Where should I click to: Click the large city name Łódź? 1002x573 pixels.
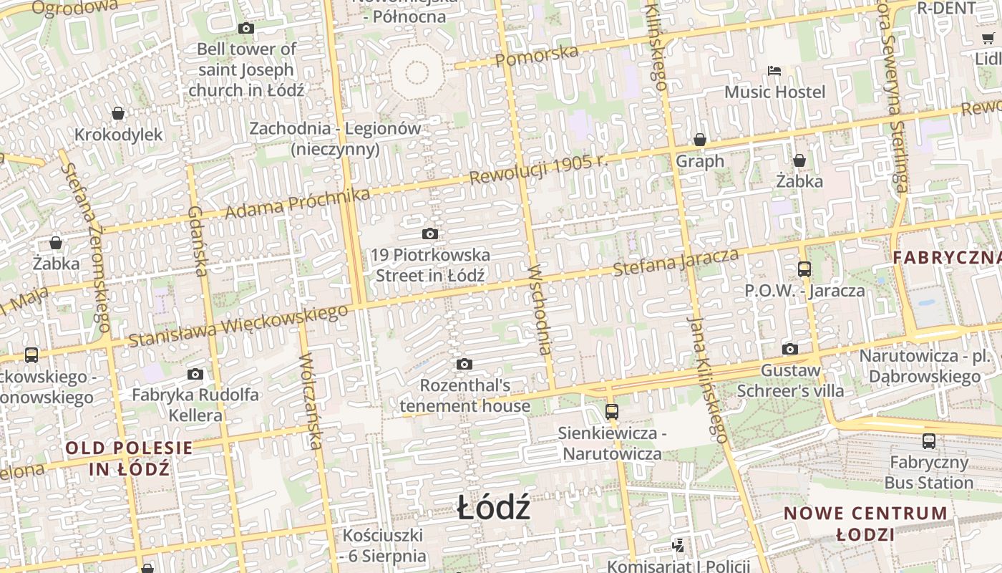pyautogui.click(x=494, y=509)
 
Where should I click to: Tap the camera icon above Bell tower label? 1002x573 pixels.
pyautogui.click(x=246, y=29)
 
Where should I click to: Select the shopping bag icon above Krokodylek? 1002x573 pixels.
pyautogui.click(x=118, y=113)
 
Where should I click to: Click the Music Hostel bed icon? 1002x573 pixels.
pyautogui.click(x=774, y=70)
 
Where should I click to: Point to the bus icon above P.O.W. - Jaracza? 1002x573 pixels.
pyautogui.click(x=804, y=269)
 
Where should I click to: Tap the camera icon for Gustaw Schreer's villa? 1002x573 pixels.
pyautogui.click(x=790, y=349)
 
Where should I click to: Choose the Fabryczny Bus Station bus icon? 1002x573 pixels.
pyautogui.click(x=928, y=441)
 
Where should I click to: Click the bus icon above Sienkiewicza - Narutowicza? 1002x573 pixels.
pyautogui.click(x=611, y=412)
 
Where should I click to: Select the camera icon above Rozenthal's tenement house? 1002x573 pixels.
pyautogui.click(x=464, y=365)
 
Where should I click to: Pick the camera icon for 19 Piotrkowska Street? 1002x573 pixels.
pyautogui.click(x=430, y=233)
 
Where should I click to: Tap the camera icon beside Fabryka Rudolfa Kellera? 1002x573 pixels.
pyautogui.click(x=195, y=374)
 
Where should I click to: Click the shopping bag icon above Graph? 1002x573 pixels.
pyautogui.click(x=700, y=140)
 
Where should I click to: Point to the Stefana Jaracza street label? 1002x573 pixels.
pyautogui.click(x=676, y=262)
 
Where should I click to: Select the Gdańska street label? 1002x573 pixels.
pyautogui.click(x=197, y=241)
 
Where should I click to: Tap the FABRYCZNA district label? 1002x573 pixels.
pyautogui.click(x=946, y=258)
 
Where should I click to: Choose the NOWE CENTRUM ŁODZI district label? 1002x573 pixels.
pyautogui.click(x=865, y=524)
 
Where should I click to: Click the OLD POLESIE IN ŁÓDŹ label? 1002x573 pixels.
pyautogui.click(x=129, y=459)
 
